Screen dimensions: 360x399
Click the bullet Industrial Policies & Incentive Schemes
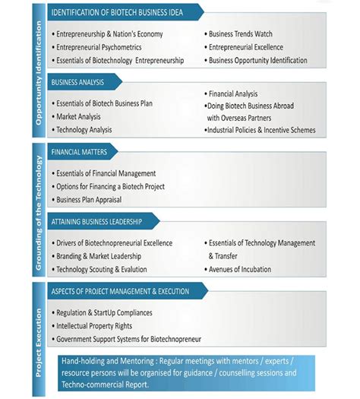pos(260,130)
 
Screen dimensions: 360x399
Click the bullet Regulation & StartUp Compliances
pos(104,312)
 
